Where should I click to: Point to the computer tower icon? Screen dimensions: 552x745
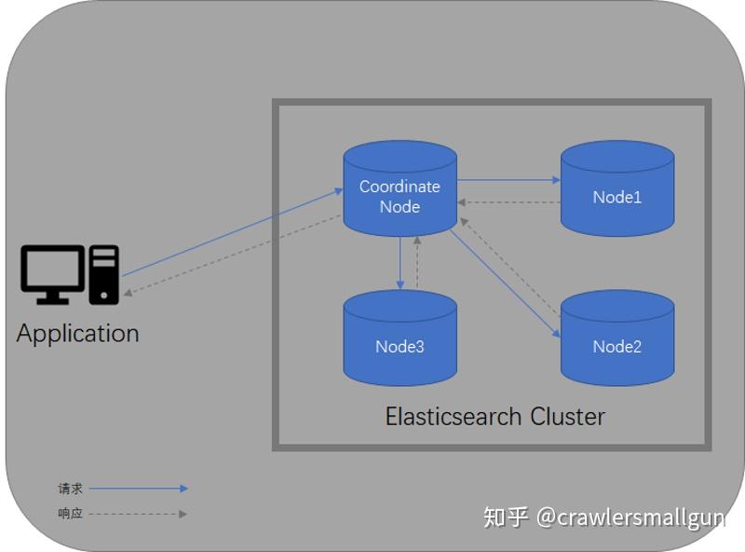click(104, 274)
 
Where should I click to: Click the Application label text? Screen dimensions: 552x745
click(78, 333)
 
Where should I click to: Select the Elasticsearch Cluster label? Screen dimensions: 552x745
click(494, 416)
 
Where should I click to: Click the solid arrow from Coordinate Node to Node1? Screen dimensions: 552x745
click(508, 180)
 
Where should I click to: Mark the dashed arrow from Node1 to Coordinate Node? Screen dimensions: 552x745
click(508, 202)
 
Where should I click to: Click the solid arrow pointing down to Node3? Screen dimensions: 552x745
click(400, 263)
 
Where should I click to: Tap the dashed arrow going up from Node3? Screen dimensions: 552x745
click(418, 263)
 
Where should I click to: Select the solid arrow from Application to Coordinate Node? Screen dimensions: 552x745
click(233, 233)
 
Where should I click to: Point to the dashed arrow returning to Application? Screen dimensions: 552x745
click(233, 255)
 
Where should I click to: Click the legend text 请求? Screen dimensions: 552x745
click(70, 489)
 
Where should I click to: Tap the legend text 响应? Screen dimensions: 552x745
click(70, 514)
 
